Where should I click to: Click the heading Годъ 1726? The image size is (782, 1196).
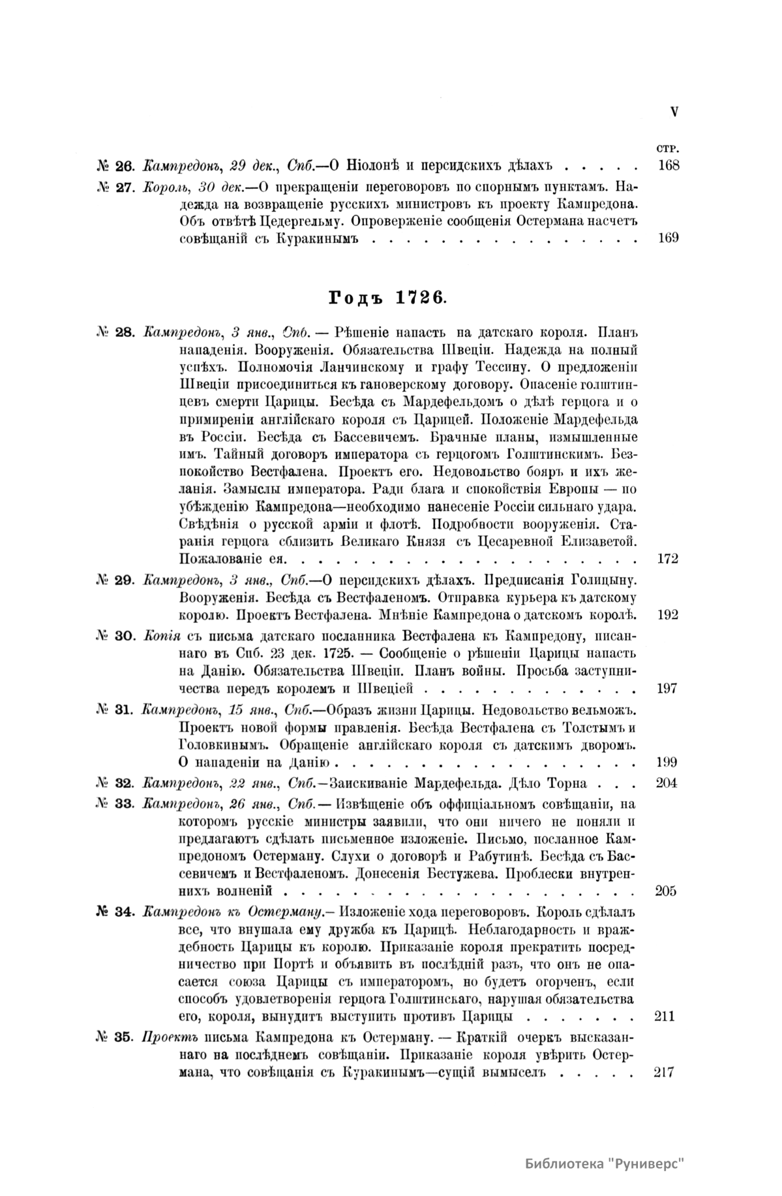click(387, 297)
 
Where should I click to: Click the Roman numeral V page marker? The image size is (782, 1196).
click(674, 112)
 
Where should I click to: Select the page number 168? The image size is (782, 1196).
click(669, 165)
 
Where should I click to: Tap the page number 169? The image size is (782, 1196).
click(669, 238)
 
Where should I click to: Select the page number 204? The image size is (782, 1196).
click(667, 783)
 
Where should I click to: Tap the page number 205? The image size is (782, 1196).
click(667, 890)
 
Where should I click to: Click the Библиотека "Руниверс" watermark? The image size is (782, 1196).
click(605, 1163)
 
